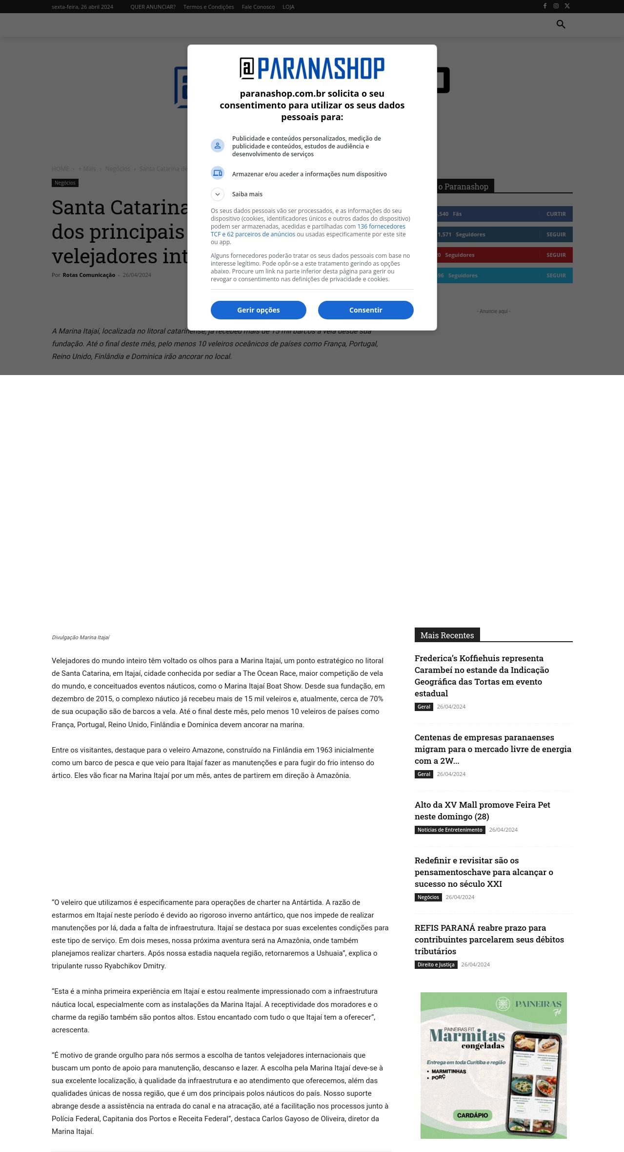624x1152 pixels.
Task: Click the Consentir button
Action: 365,310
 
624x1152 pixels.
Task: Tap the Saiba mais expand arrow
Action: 218,194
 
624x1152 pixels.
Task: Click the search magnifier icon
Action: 561,24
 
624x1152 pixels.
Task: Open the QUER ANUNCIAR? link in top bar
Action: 153,7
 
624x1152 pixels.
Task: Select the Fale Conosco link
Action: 258,7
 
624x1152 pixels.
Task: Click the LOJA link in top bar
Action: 288,7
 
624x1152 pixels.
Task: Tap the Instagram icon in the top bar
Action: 556,6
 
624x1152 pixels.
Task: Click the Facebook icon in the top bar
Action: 545,6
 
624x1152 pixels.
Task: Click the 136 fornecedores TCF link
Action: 381,227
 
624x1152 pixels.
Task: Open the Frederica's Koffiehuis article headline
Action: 482,675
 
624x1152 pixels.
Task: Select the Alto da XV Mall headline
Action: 482,810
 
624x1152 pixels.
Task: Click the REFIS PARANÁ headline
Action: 489,939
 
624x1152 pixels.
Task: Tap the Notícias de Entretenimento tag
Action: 450,830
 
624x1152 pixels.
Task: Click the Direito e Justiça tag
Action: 436,964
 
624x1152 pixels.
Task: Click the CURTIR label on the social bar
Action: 556,214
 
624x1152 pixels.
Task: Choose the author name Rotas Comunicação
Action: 89,275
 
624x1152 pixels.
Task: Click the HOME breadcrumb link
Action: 60,169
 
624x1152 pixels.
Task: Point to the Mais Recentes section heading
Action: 447,635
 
